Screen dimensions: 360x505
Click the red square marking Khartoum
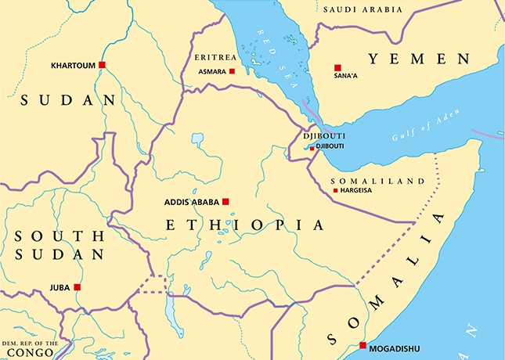point(102,65)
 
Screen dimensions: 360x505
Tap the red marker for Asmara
point(232,71)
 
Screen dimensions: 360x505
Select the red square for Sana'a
point(337,68)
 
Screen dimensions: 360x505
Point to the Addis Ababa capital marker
point(225,201)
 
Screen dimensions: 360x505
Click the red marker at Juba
point(77,287)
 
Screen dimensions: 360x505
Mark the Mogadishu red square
point(363,345)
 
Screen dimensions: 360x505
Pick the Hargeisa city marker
point(336,191)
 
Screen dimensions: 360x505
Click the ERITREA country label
point(215,57)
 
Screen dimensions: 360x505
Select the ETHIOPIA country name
point(244,225)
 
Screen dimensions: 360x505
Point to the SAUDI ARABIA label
point(362,9)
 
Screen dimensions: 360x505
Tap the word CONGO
point(27,354)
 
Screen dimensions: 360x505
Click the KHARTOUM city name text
point(72,65)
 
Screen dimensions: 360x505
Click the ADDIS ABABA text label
point(191,202)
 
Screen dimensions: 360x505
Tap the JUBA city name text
point(60,287)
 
